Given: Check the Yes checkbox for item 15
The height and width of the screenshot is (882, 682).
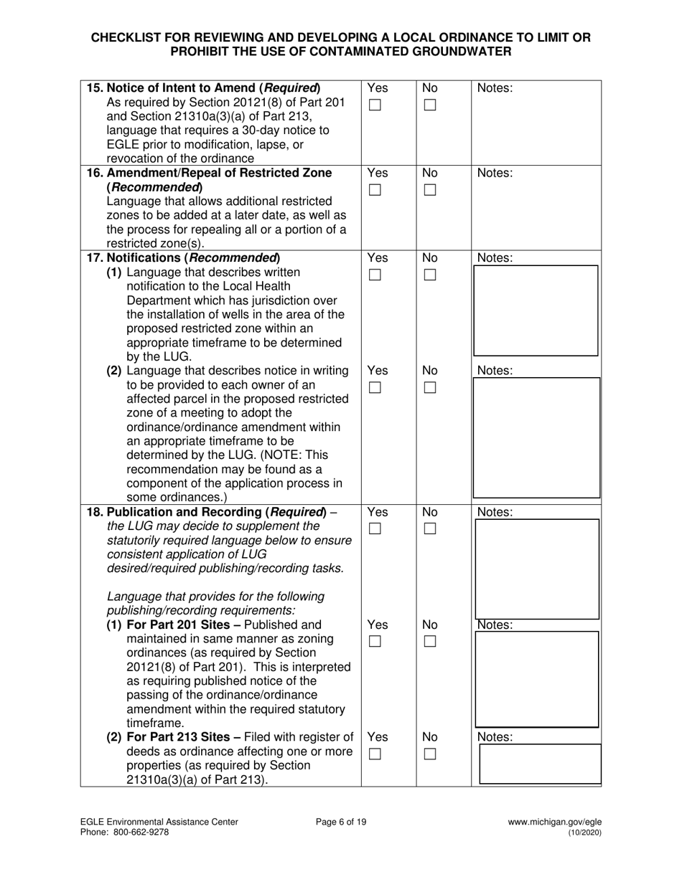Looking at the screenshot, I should point(375,105).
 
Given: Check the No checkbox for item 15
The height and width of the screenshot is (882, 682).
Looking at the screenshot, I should point(429,105).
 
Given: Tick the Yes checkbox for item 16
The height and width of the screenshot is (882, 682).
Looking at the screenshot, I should point(375,190).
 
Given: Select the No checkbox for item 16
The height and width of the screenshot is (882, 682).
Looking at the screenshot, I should point(429,190).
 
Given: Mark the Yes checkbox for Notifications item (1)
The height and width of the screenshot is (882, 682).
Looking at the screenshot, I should point(375,275).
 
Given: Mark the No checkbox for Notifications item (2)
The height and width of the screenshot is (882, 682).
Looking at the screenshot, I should point(429,388).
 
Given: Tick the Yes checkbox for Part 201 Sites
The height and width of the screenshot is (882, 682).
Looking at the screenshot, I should point(375,642).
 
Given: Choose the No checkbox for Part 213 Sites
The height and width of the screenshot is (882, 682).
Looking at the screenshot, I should point(429,754).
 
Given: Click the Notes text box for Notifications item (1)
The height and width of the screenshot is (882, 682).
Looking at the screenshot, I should point(536,310).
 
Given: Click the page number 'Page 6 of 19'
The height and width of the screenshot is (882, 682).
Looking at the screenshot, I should point(341,822).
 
